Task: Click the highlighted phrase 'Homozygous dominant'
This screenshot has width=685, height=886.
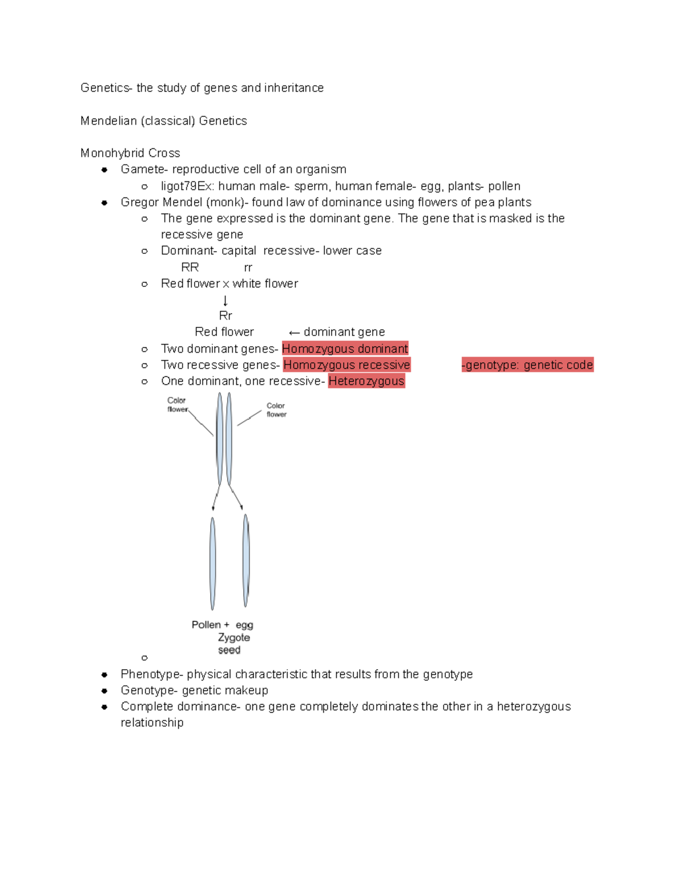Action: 345,349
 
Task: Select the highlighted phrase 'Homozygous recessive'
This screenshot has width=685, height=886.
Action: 346,365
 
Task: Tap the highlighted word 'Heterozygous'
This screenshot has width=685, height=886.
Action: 366,381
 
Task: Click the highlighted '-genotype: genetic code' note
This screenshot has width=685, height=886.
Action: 527,365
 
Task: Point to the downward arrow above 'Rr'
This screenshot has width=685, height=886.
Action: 225,301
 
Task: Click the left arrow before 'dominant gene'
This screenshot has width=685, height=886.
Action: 294,333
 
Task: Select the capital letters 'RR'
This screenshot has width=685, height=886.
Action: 190,268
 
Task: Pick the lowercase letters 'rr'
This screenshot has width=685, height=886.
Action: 248,268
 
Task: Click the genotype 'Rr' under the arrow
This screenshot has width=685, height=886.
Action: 225,315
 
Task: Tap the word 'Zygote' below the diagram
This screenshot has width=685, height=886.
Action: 234,637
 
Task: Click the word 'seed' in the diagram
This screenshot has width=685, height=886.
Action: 229,650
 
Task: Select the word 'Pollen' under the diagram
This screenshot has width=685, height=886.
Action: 206,625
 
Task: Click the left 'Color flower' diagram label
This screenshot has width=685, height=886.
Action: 177,404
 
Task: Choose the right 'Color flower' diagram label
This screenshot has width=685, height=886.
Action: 276,410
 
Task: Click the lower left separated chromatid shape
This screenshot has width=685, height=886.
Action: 213,563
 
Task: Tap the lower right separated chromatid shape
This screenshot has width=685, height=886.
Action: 246,560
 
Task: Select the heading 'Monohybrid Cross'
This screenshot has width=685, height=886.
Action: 130,153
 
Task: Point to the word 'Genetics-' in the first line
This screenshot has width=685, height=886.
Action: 106,88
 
